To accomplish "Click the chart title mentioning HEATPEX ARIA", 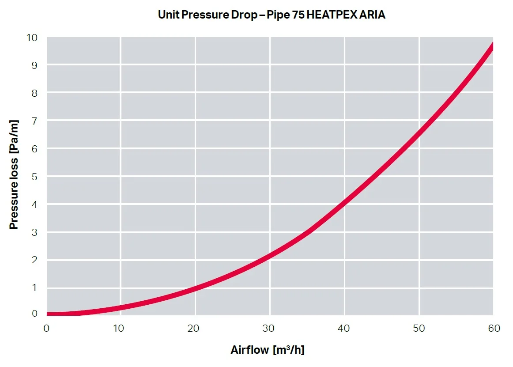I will coord(272,15).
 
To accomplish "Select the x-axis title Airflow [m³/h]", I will coord(268,350).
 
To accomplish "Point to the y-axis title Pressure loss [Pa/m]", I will coord(14,174).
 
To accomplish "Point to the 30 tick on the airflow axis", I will coord(269,328).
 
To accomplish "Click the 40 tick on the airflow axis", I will coord(344,328).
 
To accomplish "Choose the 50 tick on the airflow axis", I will coord(419,328).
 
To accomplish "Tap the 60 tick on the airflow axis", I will coord(494,328).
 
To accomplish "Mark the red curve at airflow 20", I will coord(195,289).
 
